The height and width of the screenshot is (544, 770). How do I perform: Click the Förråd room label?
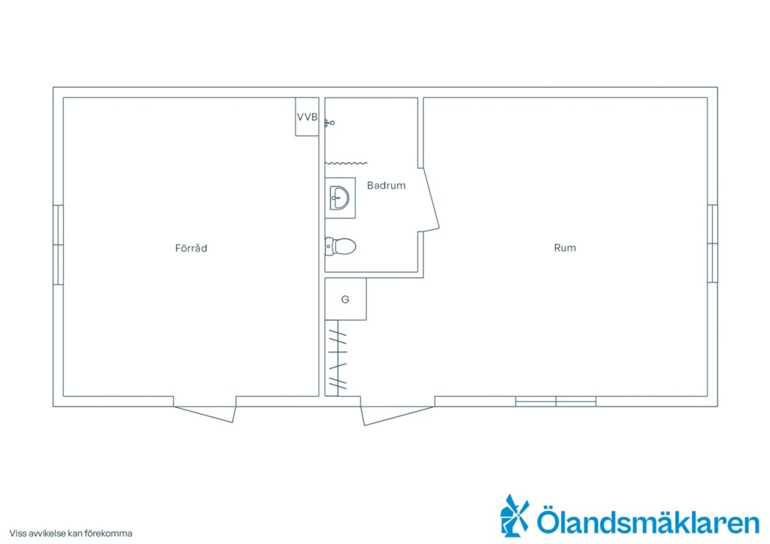(191, 248)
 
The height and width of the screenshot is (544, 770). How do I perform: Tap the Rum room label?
(565, 248)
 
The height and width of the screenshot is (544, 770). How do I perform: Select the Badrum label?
(387, 186)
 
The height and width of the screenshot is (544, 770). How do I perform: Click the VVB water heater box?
(307, 116)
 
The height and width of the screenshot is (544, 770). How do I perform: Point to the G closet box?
(345, 299)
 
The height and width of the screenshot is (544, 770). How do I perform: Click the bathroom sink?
(340, 198)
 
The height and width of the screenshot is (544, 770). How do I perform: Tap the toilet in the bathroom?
(341, 246)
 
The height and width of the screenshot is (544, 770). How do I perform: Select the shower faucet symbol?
(329, 122)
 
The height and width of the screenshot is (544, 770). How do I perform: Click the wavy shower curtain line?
(346, 163)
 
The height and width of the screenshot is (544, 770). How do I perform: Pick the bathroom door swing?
(432, 198)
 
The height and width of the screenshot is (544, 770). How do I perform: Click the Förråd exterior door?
(205, 413)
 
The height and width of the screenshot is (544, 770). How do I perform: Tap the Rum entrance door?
(397, 415)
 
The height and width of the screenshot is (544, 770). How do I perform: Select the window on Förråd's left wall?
(58, 245)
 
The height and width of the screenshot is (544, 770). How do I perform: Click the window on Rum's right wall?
(713, 243)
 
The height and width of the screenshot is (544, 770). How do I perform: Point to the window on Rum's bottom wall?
(556, 401)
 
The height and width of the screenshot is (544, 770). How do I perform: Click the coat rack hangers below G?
(338, 358)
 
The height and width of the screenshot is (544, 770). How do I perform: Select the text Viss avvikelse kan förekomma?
(71, 533)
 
